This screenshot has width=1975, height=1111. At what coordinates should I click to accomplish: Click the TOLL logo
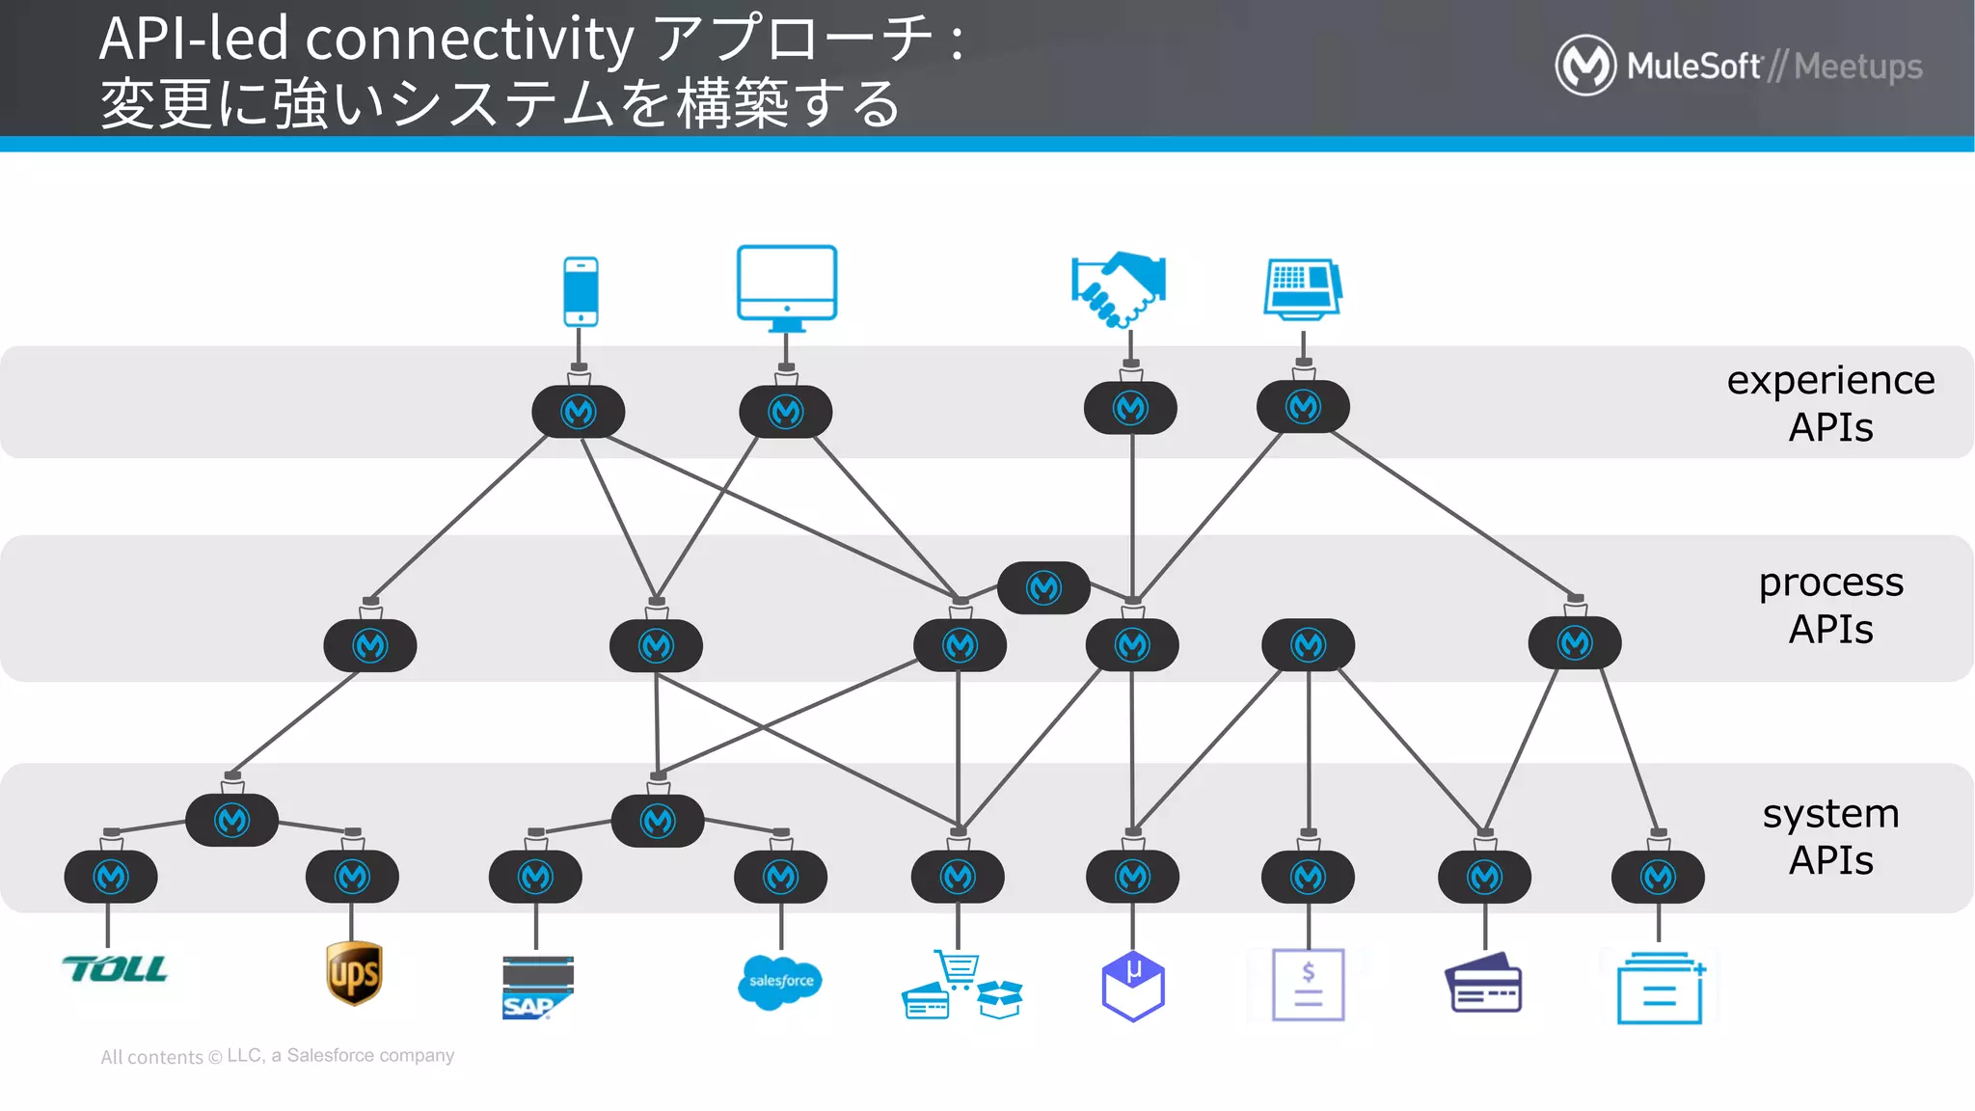pyautogui.click(x=115, y=969)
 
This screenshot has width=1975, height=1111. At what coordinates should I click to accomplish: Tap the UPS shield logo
pyautogui.click(x=354, y=973)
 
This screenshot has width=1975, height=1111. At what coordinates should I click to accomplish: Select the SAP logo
pyautogui.click(x=537, y=987)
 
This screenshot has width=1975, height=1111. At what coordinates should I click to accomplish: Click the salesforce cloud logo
pyautogui.click(x=780, y=982)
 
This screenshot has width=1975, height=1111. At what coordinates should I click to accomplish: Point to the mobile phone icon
pyautogui.click(x=581, y=291)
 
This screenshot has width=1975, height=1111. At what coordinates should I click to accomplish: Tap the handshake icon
pyautogui.click(x=1119, y=288)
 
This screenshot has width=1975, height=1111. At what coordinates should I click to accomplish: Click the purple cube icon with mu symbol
pyautogui.click(x=1133, y=986)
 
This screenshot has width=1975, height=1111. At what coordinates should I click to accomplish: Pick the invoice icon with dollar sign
pyautogui.click(x=1308, y=985)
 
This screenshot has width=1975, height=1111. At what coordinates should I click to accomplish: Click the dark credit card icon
pyautogui.click(x=1483, y=983)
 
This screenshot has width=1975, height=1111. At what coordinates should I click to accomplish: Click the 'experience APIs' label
pyautogui.click(x=1830, y=403)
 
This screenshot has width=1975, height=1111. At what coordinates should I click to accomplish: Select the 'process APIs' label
pyautogui.click(x=1830, y=606)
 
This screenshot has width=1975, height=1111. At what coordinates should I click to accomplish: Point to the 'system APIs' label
pyautogui.click(x=1830, y=836)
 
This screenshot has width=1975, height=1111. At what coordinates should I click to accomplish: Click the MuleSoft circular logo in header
pyautogui.click(x=1585, y=66)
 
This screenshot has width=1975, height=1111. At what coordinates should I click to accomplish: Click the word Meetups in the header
pyautogui.click(x=1858, y=67)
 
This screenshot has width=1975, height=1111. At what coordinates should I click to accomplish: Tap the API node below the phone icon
pyautogui.click(x=579, y=412)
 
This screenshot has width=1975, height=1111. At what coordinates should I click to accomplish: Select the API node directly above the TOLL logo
pyautogui.click(x=111, y=877)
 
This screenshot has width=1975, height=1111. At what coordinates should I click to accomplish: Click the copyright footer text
pyautogui.click(x=278, y=1056)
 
